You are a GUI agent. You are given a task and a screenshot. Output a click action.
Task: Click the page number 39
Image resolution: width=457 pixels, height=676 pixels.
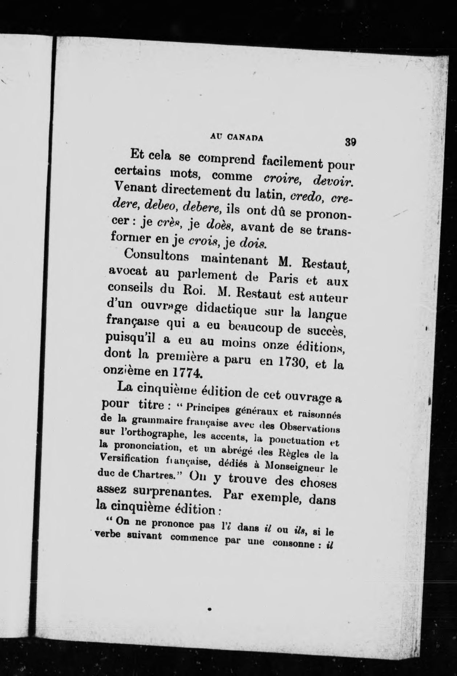pyautogui.click(x=350, y=142)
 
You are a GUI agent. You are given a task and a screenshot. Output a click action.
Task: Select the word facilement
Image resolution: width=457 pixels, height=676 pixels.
pyautogui.click(x=292, y=164)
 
